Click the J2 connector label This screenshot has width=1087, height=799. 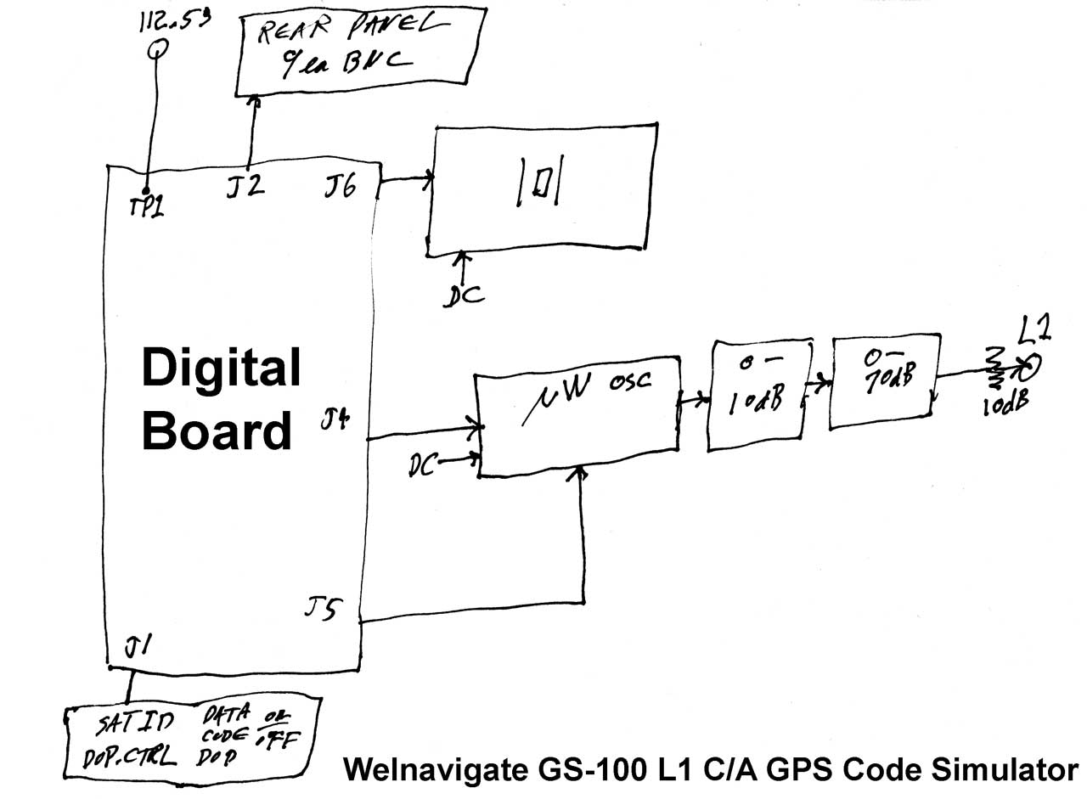(x=245, y=187)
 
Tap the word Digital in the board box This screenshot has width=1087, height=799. (x=221, y=369)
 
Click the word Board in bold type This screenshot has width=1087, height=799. (x=217, y=431)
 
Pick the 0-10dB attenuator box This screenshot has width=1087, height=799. (x=757, y=396)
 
